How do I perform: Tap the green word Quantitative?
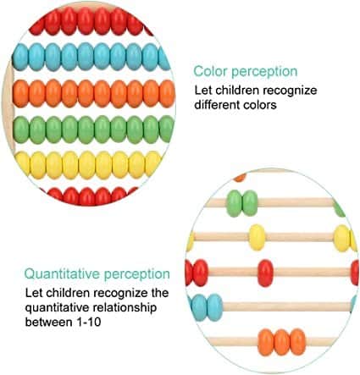coord(62,274)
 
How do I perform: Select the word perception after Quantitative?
coord(137,274)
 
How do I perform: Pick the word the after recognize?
coord(159,293)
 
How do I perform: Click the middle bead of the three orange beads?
coord(282,342)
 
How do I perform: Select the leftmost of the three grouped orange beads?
coord(266,342)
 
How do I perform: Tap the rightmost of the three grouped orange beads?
coord(298,342)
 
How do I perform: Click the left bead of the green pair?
coord(235,203)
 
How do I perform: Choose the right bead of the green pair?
coord(250,203)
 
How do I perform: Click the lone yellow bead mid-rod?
coord(257,237)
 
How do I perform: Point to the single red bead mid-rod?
coord(265,273)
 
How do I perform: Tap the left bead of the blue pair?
coord(199,307)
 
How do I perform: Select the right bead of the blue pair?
coord(215,307)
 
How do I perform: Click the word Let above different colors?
coord(203,91)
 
